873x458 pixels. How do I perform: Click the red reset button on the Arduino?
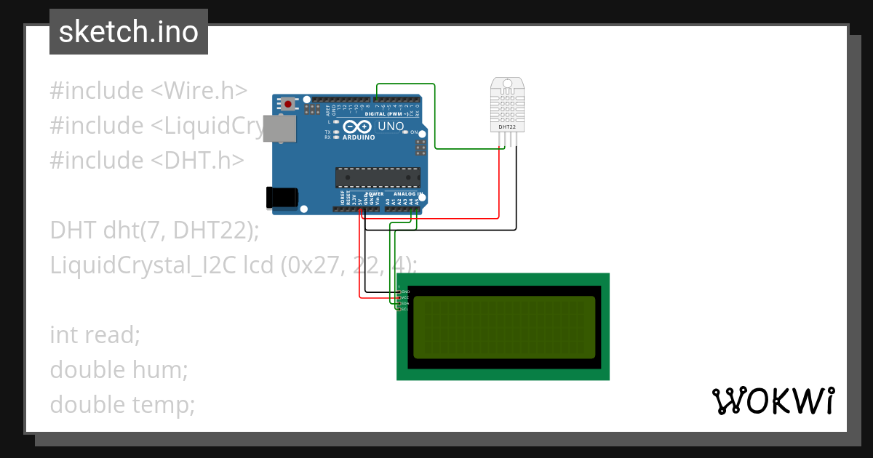288,104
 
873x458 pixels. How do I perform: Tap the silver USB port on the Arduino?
279,128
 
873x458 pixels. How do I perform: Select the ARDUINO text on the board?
359,137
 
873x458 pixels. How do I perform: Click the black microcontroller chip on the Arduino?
378,177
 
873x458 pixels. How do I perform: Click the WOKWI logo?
773,401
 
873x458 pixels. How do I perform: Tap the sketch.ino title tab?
129,32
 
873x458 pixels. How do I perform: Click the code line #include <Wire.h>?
148,91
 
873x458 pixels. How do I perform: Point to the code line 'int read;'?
95,335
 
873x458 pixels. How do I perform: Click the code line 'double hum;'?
119,369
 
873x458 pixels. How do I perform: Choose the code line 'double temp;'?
122,404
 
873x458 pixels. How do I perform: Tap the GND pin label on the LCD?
405,292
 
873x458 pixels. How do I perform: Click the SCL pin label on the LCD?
405,309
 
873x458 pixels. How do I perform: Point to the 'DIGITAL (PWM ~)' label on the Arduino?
386,113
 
